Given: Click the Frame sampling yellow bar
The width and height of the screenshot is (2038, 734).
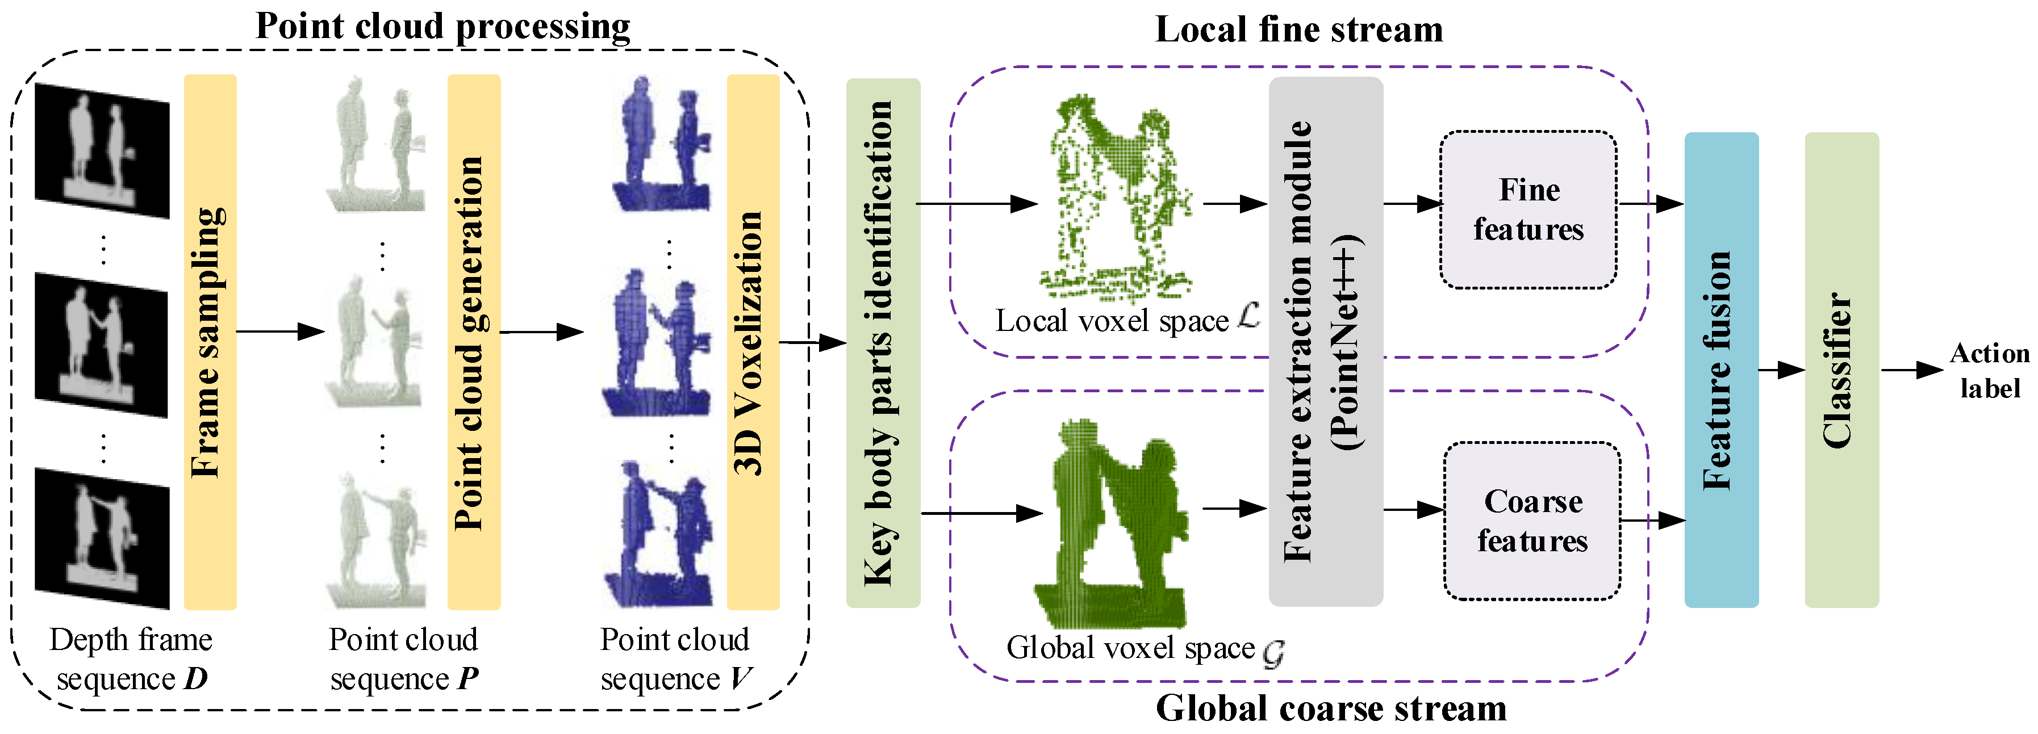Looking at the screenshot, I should pyautogui.click(x=210, y=342).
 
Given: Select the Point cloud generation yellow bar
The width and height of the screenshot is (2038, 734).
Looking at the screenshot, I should pyautogui.click(x=473, y=342).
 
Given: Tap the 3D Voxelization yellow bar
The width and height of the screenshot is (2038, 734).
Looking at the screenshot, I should pyautogui.click(x=753, y=342).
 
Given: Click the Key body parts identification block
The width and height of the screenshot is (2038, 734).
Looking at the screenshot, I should pyautogui.click(x=882, y=342).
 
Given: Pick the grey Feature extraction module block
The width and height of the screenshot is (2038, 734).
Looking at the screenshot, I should pyautogui.click(x=1325, y=342).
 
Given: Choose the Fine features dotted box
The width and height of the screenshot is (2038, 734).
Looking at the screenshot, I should pyautogui.click(x=1528, y=209).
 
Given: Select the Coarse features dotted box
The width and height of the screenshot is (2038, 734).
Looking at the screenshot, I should pyautogui.click(x=1532, y=521).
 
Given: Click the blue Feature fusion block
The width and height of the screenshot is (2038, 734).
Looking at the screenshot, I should pyautogui.click(x=1720, y=370).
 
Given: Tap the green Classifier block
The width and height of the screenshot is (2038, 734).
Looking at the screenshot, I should pyautogui.click(x=1841, y=370).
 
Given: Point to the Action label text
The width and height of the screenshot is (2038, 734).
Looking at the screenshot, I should pyautogui.click(x=1989, y=370).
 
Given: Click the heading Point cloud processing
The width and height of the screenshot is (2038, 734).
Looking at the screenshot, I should pyautogui.click(x=443, y=26).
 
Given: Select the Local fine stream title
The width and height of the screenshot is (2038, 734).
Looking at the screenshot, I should pyautogui.click(x=1298, y=30).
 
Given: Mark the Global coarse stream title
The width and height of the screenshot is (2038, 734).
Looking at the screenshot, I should pyautogui.click(x=1331, y=708).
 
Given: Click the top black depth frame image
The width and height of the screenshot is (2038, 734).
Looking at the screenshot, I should pyautogui.click(x=102, y=150).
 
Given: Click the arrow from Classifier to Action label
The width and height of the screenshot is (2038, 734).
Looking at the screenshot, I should pyautogui.click(x=1912, y=370).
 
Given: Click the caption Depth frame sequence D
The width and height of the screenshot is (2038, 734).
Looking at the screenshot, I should pyautogui.click(x=131, y=659).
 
